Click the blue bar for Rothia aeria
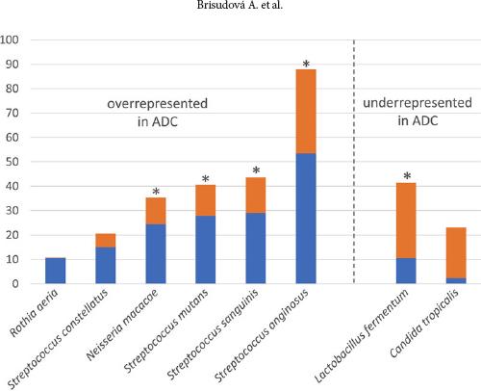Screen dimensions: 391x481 coord(56,271)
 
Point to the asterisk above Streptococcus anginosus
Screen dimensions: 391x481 coord(306,65)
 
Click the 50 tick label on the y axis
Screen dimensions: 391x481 coord(14,162)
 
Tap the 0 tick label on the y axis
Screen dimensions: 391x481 coord(17,284)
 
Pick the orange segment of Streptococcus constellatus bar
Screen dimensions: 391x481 coord(106,240)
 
